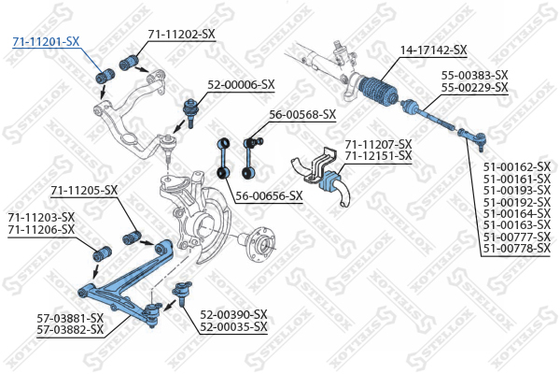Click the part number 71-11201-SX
click(x=46, y=42)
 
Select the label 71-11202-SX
click(x=181, y=34)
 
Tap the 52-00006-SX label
click(x=241, y=84)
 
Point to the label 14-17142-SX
click(x=433, y=50)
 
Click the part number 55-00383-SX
click(x=474, y=75)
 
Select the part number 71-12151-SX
click(x=378, y=155)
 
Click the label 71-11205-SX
click(x=84, y=191)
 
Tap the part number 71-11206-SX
click(x=41, y=229)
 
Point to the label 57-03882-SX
click(x=70, y=330)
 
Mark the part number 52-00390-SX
click(x=233, y=314)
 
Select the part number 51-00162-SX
click(x=516, y=165)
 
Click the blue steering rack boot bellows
click(x=382, y=90)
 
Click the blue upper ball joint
click(x=189, y=104)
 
